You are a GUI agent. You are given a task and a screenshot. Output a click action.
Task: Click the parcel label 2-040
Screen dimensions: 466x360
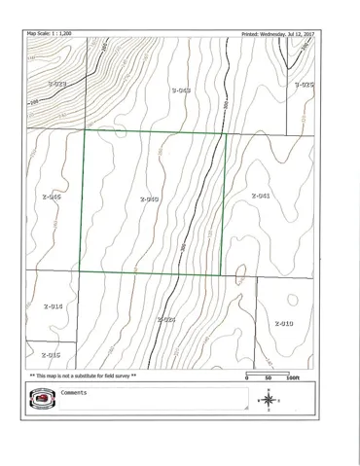pos(149,199)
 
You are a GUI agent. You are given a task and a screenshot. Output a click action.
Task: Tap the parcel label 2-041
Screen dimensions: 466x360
pos(260,196)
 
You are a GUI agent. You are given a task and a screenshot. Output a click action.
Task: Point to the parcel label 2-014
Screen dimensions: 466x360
pos(53,306)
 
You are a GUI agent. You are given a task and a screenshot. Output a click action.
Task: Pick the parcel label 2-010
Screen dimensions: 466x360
pos(283,323)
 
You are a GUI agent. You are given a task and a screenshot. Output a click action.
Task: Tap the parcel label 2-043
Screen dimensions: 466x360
pos(180,90)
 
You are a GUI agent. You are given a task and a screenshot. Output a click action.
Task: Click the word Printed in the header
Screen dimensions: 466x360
pos(251,33)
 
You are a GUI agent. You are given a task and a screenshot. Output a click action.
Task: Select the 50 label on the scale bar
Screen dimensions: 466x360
pos(268,377)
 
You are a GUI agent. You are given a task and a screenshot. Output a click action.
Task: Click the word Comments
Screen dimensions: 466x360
pos(74,392)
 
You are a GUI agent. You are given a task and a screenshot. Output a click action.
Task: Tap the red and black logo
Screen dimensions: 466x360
pos(42,398)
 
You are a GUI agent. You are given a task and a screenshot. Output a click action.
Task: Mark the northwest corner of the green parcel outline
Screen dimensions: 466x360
pos(81,130)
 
